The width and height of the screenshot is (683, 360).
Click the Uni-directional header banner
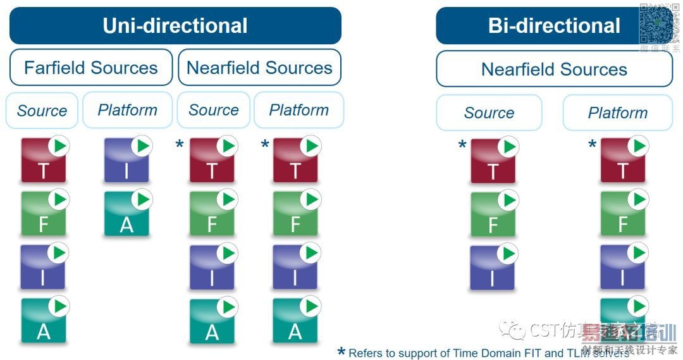pos(175,25)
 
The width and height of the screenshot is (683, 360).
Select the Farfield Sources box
pos(91,68)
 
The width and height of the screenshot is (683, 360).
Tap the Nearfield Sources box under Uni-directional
pos(259,68)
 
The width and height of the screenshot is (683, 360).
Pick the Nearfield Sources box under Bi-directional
pos(554,70)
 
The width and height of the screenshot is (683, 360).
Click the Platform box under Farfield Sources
pos(127,110)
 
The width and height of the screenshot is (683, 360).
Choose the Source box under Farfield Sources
pos(42,111)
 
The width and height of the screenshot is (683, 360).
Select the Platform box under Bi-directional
pos(617,113)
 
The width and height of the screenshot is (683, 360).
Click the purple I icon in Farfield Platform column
pos(126,161)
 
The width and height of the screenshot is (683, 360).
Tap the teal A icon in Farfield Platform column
pos(126,215)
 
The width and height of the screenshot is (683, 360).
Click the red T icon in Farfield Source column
pos(43,161)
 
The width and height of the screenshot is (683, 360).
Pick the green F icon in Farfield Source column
pos(43,215)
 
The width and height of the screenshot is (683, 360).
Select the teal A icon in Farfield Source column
pos(43,321)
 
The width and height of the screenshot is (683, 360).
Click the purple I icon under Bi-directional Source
pos(493,268)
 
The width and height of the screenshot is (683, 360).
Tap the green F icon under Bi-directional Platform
pos(623,215)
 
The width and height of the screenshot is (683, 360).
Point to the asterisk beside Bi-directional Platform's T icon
pos(592,145)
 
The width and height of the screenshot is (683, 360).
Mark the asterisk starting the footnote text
pos(341,352)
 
